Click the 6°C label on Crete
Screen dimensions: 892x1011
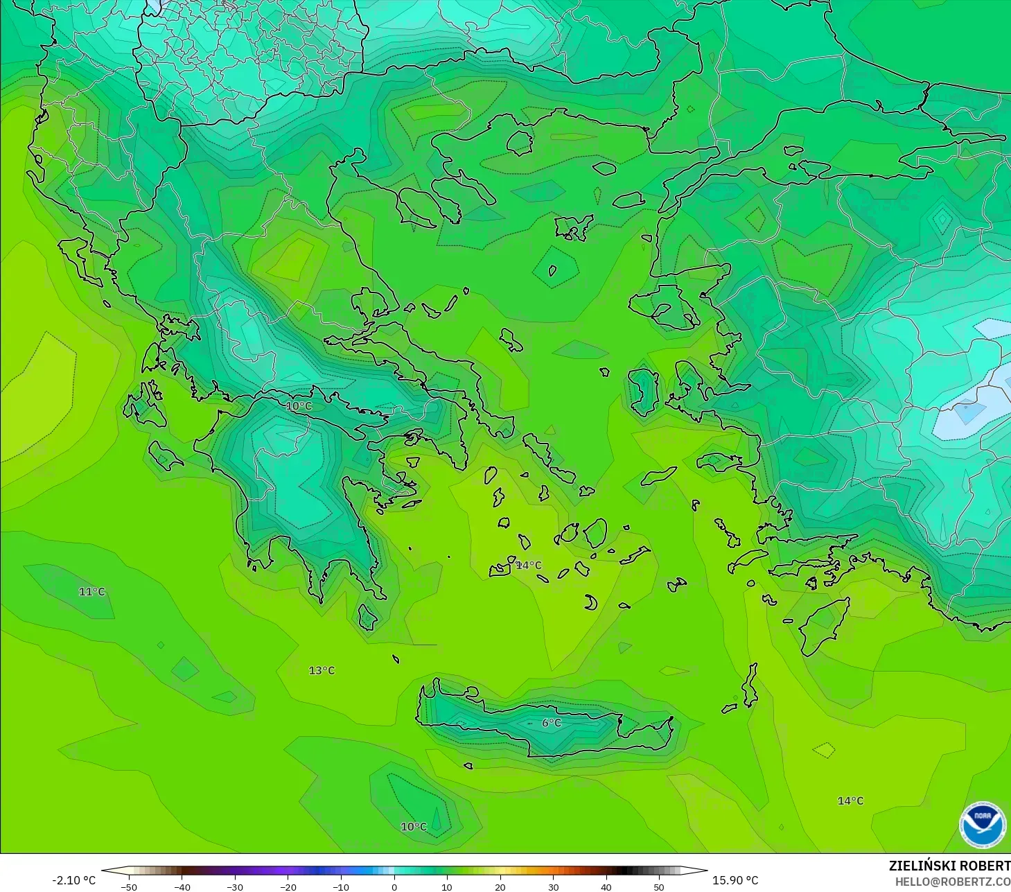coord(552,723)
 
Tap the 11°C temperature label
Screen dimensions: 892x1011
coord(91,592)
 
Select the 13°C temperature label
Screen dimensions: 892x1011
coord(322,670)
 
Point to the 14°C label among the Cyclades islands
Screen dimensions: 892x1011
coord(529,566)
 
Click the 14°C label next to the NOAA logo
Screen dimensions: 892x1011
coord(850,801)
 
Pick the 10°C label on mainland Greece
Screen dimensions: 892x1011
coord(299,406)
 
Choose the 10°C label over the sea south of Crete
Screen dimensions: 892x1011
coord(414,827)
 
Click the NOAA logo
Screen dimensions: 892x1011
coord(982,825)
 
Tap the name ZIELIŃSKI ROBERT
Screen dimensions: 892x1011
coord(949,866)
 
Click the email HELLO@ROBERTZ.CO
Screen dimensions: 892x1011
coord(952,882)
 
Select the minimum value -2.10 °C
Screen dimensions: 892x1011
coord(74,880)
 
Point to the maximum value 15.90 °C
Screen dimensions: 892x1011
coord(735,880)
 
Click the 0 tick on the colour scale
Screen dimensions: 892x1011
coord(394,886)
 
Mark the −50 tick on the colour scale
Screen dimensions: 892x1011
coord(129,886)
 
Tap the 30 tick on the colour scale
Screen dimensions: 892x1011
coord(553,886)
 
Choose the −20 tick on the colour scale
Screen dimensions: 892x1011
coord(288,886)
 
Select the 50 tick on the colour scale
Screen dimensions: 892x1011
coord(658,886)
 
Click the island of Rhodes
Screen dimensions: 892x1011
coord(823,626)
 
